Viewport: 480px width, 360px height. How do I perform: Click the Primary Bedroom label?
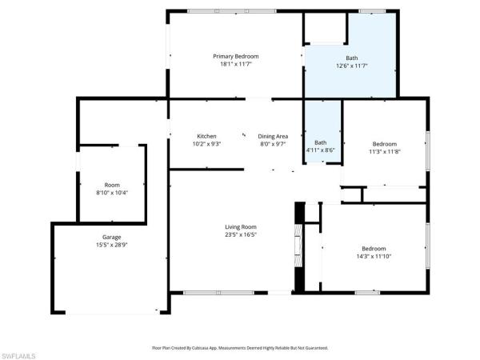(236, 56)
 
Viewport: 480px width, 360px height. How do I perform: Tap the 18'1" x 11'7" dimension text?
(236, 64)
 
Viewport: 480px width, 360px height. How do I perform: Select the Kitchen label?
(206, 136)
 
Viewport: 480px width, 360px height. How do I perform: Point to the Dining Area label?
(273, 136)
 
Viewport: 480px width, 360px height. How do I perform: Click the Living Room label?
(241, 227)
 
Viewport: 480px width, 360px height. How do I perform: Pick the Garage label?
(112, 237)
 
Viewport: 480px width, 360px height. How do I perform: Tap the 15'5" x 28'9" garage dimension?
(112, 245)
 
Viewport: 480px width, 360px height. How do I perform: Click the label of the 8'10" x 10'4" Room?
(112, 185)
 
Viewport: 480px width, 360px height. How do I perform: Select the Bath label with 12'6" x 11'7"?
(352, 58)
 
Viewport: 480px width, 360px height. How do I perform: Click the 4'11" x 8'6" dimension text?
(321, 150)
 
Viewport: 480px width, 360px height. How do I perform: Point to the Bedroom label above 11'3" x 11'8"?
(385, 144)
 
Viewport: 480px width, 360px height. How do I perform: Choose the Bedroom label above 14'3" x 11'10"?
(374, 249)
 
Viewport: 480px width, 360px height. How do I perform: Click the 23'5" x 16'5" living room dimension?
(241, 234)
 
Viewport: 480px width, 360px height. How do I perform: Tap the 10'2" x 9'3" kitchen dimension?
(206, 144)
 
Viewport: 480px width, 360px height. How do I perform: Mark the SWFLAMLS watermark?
(18, 356)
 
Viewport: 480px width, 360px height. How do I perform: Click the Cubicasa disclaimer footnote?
(240, 348)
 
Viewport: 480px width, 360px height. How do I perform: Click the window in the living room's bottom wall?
(218, 293)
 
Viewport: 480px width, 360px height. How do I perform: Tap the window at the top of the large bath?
(372, 11)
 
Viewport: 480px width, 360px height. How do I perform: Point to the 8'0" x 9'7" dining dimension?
(273, 144)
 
